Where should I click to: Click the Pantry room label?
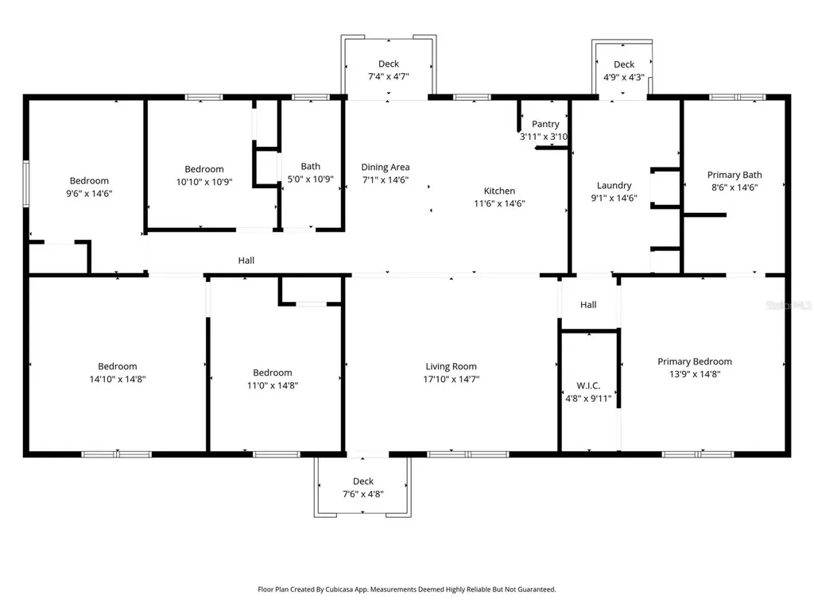tap(545, 124)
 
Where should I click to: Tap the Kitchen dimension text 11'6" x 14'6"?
tap(499, 203)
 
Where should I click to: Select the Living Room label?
tap(451, 366)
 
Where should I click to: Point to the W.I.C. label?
tap(588, 385)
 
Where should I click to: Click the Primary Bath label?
tap(735, 175)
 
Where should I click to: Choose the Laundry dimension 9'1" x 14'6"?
tap(614, 198)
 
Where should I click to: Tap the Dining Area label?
tap(386, 167)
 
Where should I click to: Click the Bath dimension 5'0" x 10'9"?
tap(311, 179)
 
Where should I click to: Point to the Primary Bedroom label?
tap(695, 361)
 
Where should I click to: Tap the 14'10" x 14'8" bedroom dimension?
tap(118, 379)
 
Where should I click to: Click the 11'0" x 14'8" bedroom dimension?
tap(273, 385)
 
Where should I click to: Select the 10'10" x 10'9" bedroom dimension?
tap(204, 182)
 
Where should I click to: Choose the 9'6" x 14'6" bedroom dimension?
tap(89, 194)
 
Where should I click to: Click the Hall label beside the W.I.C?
tap(588, 304)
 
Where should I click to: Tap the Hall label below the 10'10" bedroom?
tap(246, 261)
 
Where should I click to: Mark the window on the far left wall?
tap(25, 184)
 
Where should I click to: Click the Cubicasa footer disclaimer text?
tap(407, 589)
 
